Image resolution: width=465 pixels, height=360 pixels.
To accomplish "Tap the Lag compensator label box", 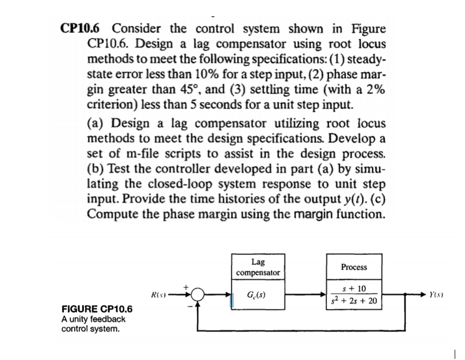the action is click(x=258, y=267).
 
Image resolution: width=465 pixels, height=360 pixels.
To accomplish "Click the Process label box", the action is click(x=354, y=267).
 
